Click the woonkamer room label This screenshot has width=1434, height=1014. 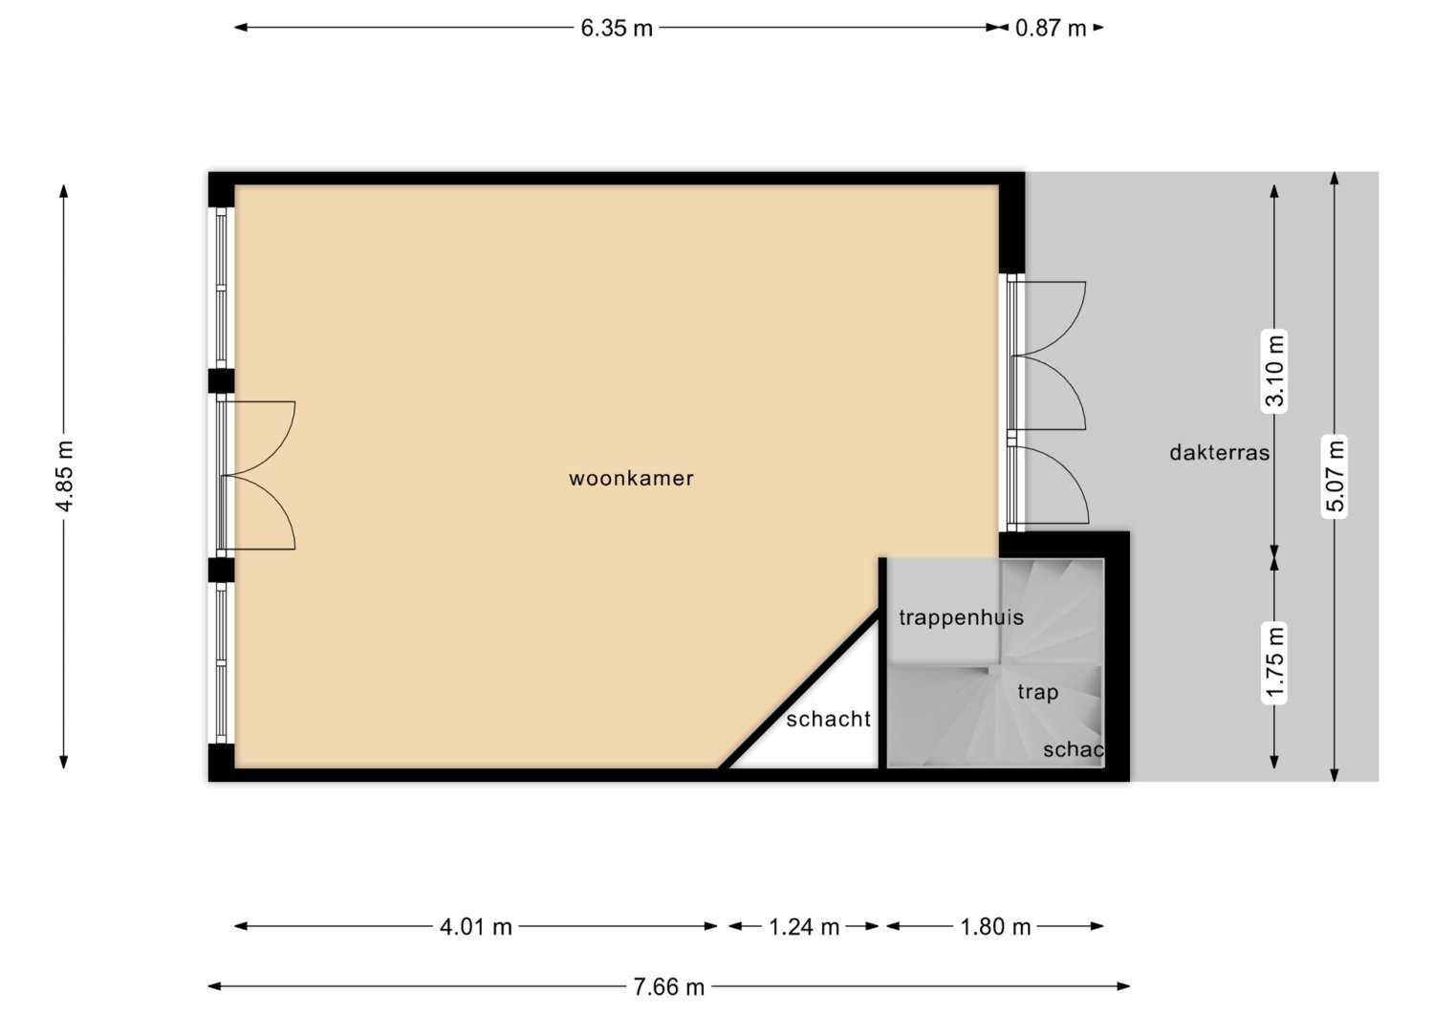pyautogui.click(x=631, y=478)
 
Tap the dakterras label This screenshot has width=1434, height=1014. pyautogui.click(x=1219, y=453)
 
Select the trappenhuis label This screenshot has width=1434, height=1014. pyautogui.click(x=961, y=617)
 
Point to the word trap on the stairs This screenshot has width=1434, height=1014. pyautogui.click(x=1037, y=693)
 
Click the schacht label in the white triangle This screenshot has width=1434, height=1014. pyautogui.click(x=829, y=720)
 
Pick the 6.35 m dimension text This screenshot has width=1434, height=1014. pyautogui.click(x=617, y=28)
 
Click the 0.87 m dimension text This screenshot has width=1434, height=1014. pyautogui.click(x=1051, y=28)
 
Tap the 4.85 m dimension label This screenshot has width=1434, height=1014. pyautogui.click(x=64, y=476)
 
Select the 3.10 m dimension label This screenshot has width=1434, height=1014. pyautogui.click(x=1274, y=371)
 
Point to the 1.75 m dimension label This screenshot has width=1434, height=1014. pyautogui.click(x=1274, y=664)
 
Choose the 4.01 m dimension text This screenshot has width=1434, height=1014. pyautogui.click(x=476, y=927)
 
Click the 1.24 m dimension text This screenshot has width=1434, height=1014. pyautogui.click(x=803, y=927)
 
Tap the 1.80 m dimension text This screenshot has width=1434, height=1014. pyautogui.click(x=995, y=927)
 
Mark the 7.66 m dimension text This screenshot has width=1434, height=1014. pyautogui.click(x=669, y=987)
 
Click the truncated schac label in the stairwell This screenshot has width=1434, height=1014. pyautogui.click(x=1073, y=749)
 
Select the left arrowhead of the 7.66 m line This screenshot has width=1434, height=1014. pyautogui.click(x=214, y=986)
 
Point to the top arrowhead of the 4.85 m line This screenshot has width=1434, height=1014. pyautogui.click(x=63, y=191)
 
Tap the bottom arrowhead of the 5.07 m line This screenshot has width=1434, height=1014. pyautogui.click(x=1335, y=774)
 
